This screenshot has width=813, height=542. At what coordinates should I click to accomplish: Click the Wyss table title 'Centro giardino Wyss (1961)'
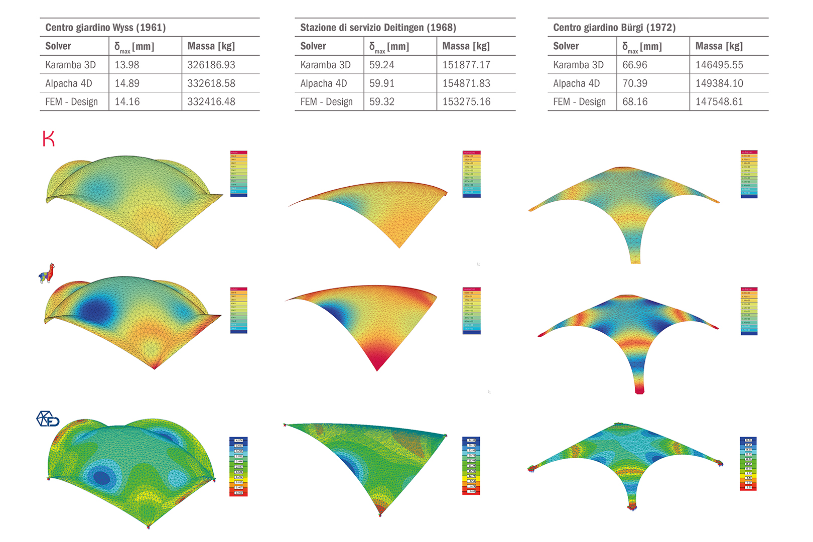(105, 28)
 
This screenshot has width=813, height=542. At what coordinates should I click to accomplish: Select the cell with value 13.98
(127, 65)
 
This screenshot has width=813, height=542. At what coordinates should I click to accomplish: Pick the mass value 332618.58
(211, 83)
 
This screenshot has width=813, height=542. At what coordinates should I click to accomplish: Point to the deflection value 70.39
(635, 83)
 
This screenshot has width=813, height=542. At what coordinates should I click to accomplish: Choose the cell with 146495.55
(719, 65)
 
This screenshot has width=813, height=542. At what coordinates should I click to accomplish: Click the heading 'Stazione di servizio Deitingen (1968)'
(378, 28)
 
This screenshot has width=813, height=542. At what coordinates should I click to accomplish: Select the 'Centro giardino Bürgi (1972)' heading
(614, 28)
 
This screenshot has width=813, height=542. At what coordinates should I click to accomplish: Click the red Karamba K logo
(49, 139)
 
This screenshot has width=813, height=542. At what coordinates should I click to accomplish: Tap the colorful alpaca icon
(47, 274)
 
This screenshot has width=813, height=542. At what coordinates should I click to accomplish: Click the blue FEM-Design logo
(48, 419)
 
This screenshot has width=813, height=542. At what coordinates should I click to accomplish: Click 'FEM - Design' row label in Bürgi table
(579, 102)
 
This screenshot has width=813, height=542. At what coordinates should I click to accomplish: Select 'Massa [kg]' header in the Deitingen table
(466, 46)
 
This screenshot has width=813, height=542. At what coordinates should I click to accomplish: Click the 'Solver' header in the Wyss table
(58, 46)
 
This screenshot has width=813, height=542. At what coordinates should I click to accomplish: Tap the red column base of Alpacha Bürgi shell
(639, 388)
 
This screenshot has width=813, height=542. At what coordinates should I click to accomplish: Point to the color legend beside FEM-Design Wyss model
(238, 466)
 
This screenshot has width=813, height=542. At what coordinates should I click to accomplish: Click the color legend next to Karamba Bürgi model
(749, 174)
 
